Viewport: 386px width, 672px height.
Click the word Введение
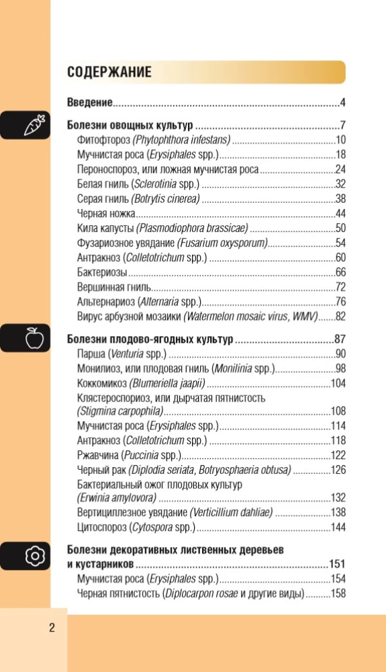pyautogui.click(x=89, y=103)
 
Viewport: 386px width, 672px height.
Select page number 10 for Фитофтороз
pyautogui.click(x=340, y=140)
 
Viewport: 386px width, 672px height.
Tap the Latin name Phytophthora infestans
pyautogui.click(x=182, y=140)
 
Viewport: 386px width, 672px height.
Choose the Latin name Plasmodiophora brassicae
pyautogui.click(x=192, y=228)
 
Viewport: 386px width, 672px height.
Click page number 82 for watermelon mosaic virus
pyautogui.click(x=340, y=317)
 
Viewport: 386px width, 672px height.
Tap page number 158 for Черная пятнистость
pyautogui.click(x=338, y=593)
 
